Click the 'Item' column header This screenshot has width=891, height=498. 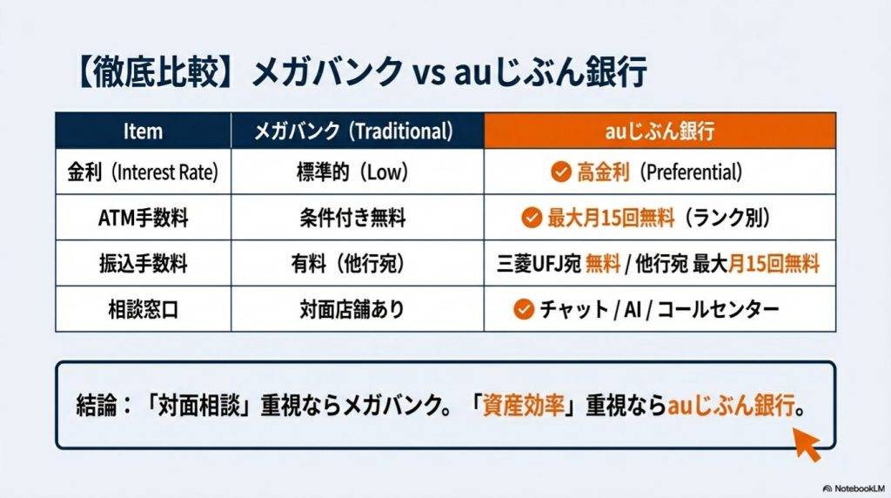[x=143, y=131]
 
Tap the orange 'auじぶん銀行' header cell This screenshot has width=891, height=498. [x=660, y=131]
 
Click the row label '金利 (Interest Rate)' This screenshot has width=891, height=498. [x=143, y=172]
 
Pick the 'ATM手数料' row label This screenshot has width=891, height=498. [x=143, y=218]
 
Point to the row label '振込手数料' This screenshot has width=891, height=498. [x=143, y=263]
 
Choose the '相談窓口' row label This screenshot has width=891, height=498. [x=143, y=309]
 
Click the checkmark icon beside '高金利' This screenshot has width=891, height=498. [x=560, y=172]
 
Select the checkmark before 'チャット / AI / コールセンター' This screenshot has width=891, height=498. [x=523, y=309]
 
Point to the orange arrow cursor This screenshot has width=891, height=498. [x=807, y=445]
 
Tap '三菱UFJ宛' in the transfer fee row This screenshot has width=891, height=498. [x=537, y=263]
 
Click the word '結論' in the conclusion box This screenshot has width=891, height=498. [x=93, y=407]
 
